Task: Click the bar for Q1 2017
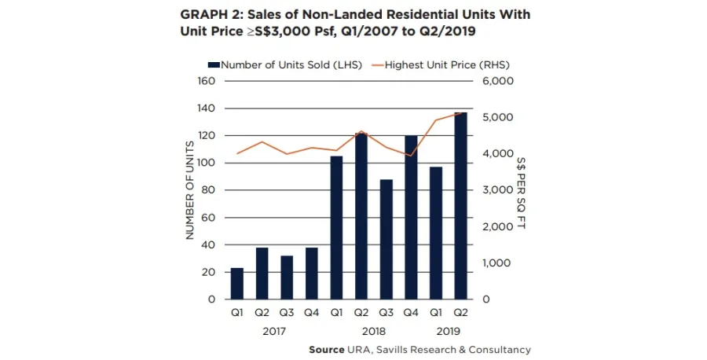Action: click(x=237, y=284)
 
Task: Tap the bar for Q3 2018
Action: click(x=386, y=240)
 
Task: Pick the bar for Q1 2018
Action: click(x=336, y=228)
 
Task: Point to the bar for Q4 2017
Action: click(x=312, y=274)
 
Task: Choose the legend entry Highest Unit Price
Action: click(x=437, y=65)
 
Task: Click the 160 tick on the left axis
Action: click(x=206, y=81)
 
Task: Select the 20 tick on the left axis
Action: click(x=209, y=272)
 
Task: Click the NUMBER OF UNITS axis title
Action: click(x=189, y=190)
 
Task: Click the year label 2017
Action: click(x=275, y=331)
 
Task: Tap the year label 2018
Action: click(x=374, y=331)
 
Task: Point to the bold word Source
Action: click(x=326, y=350)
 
